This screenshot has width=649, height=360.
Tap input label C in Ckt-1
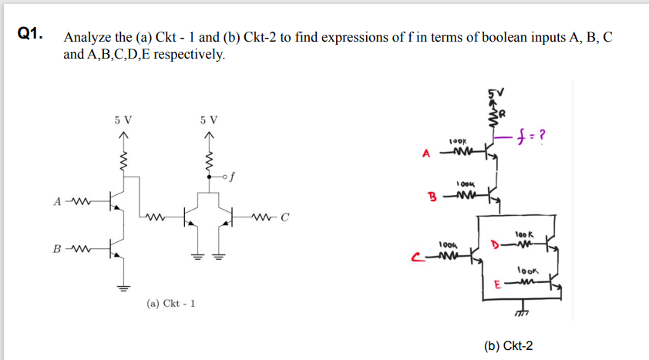284,215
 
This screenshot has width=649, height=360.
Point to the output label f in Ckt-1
229,176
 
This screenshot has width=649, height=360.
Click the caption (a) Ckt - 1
170,303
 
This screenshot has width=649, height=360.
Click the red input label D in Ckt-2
495,246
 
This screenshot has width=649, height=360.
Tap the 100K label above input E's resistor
528,271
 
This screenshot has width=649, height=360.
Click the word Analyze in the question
88,38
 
